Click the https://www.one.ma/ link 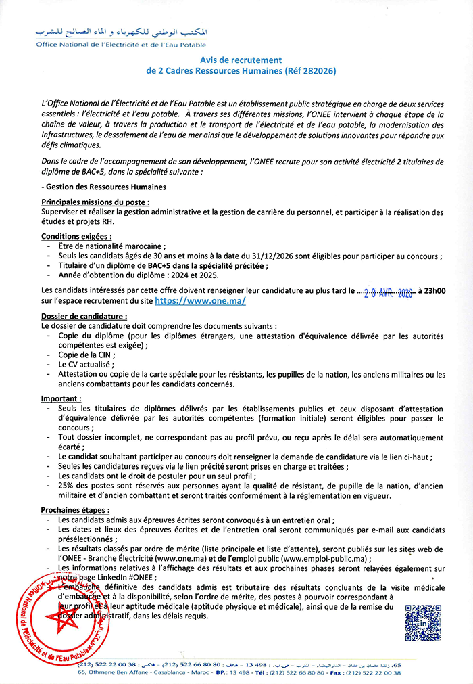coord(200,301)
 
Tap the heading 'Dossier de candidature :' coord(84,316)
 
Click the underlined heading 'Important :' coord(61,398)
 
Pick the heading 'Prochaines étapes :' coord(75,509)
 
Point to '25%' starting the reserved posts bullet coord(67,486)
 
